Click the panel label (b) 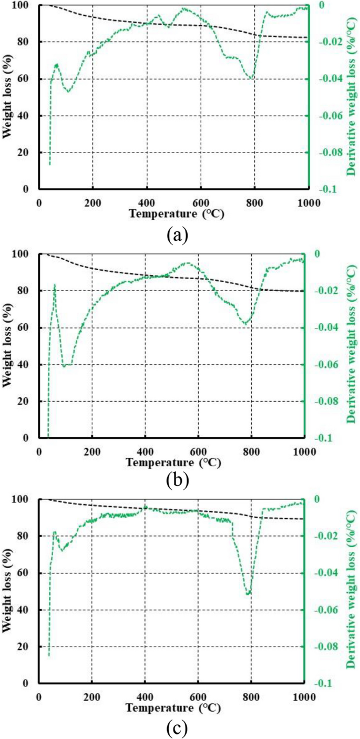(x=177, y=479)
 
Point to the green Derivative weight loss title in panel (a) (x=350, y=97)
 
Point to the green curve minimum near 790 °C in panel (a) (x=252, y=78)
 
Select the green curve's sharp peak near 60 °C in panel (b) (x=55, y=285)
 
